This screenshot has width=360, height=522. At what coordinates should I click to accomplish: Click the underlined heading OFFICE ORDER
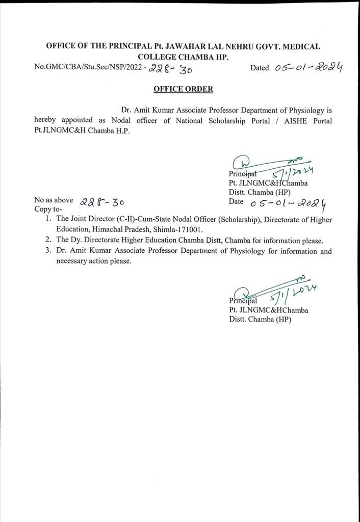184,89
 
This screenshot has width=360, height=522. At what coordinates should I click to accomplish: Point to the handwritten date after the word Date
288,203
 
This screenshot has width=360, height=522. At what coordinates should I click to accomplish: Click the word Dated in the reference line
260,68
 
